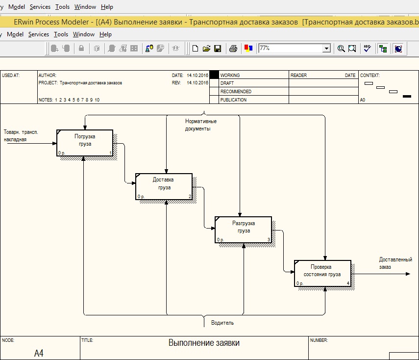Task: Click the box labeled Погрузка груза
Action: click(85, 143)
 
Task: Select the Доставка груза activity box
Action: click(164, 186)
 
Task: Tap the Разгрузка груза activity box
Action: click(243, 230)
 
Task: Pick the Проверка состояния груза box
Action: click(322, 273)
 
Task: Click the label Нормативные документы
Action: click(201, 125)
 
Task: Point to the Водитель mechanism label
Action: click(222, 323)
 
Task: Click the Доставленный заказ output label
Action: click(395, 263)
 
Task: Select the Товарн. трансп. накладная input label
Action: click(21, 135)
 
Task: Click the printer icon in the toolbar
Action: click(233, 49)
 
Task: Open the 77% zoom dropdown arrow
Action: click(326, 49)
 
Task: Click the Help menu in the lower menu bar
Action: click(105, 34)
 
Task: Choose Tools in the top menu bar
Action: click(62, 7)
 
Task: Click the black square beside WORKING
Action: click(214, 75)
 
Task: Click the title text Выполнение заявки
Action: click(204, 343)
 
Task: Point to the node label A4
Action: click(39, 353)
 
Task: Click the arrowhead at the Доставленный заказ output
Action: click(408, 274)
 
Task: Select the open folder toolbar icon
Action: click(206, 49)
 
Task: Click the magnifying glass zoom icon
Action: click(341, 49)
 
